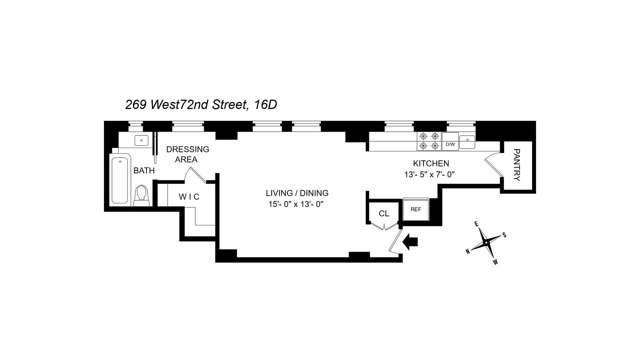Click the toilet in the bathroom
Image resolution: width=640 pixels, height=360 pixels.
pyautogui.click(x=142, y=196)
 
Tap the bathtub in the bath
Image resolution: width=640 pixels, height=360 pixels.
pyautogui.click(x=120, y=180)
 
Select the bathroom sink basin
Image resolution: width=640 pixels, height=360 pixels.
pyautogui.click(x=141, y=140)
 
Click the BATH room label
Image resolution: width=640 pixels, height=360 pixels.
pyautogui.click(x=144, y=171)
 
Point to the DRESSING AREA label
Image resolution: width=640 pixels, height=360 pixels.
pyautogui.click(x=187, y=154)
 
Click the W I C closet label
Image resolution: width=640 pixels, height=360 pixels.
pyautogui.click(x=189, y=197)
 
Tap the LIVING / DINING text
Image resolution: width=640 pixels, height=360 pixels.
pyautogui.click(x=297, y=193)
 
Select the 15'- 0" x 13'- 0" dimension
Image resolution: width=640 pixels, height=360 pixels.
pyautogui.click(x=296, y=204)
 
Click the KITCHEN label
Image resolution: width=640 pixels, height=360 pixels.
pyautogui.click(x=431, y=163)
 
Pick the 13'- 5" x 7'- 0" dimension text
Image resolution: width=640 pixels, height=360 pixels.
pyautogui.click(x=429, y=174)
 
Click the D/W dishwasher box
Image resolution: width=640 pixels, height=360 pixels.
pyautogui.click(x=450, y=144)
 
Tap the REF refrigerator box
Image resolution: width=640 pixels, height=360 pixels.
pyautogui.click(x=416, y=209)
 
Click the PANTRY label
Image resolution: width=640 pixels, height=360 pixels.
pyautogui.click(x=517, y=165)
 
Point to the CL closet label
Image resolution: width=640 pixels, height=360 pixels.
pyautogui.click(x=384, y=214)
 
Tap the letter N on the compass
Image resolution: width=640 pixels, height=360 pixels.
pyautogui.click(x=468, y=252)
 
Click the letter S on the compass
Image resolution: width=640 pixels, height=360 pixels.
pyautogui.click(x=504, y=235)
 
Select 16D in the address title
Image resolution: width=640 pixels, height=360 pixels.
pyautogui.click(x=265, y=105)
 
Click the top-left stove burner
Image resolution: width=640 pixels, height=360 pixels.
pyautogui.click(x=423, y=136)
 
